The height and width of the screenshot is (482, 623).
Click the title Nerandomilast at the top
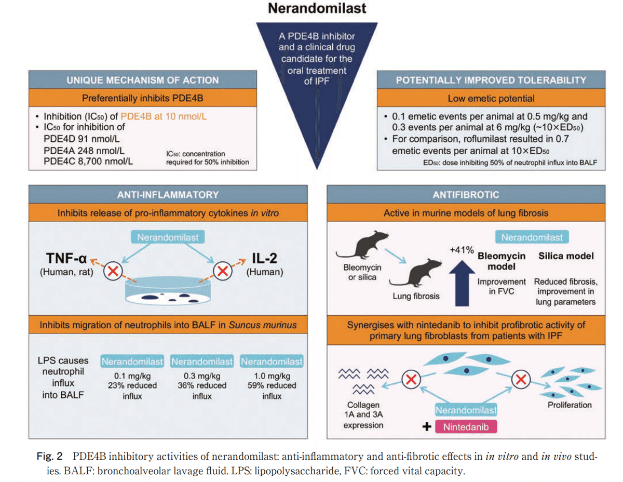[x=317, y=9]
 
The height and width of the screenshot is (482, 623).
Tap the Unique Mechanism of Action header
[x=142, y=80]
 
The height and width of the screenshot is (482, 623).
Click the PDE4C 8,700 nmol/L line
[x=88, y=160]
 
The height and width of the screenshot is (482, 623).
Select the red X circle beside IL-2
[x=223, y=271]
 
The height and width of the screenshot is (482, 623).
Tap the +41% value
[x=461, y=250]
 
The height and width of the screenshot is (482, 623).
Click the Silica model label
[x=566, y=256]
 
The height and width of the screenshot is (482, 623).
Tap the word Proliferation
[x=570, y=405]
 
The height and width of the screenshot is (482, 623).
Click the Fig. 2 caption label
[x=49, y=457]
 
